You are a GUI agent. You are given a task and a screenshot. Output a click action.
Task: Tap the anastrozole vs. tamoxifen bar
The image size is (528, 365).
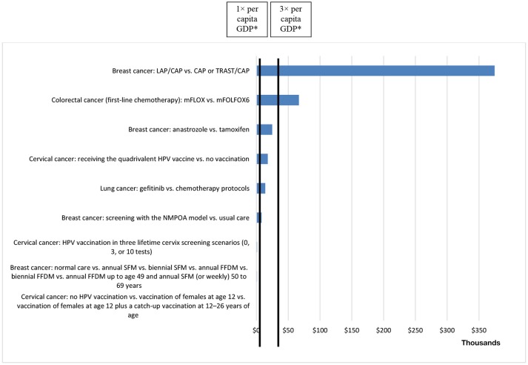point(265,130)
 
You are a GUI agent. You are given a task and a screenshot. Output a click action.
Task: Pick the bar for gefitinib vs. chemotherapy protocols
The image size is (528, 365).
point(261,188)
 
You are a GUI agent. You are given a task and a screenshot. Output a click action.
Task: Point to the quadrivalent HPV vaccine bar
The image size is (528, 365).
point(263,159)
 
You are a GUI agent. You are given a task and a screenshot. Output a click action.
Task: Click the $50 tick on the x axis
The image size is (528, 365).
point(289,329)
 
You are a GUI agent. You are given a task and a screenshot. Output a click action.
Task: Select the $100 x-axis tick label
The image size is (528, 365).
point(320,329)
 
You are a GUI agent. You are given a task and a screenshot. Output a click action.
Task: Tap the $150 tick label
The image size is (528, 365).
point(352,329)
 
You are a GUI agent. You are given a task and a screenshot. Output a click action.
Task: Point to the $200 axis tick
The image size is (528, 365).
point(384,329)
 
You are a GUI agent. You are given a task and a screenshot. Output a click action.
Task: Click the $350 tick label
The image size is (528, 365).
point(478,329)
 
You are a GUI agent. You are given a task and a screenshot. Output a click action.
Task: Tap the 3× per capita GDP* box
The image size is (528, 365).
point(291,19)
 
